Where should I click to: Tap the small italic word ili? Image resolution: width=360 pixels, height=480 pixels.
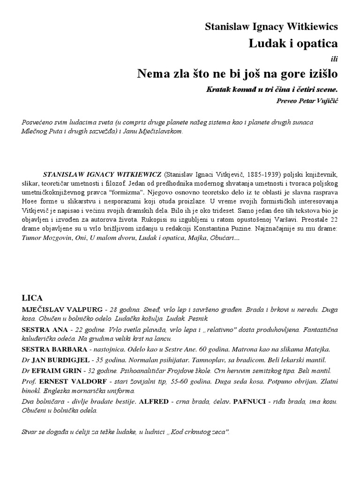pos(334,58)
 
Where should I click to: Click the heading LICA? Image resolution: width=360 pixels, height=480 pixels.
pos(32,298)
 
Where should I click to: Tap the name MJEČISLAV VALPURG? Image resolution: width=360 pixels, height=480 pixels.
pos(62,310)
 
